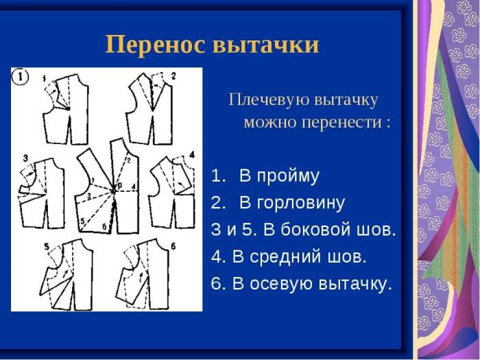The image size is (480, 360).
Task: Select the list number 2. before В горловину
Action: coord(218,203)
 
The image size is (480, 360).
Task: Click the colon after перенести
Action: coord(389,124)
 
